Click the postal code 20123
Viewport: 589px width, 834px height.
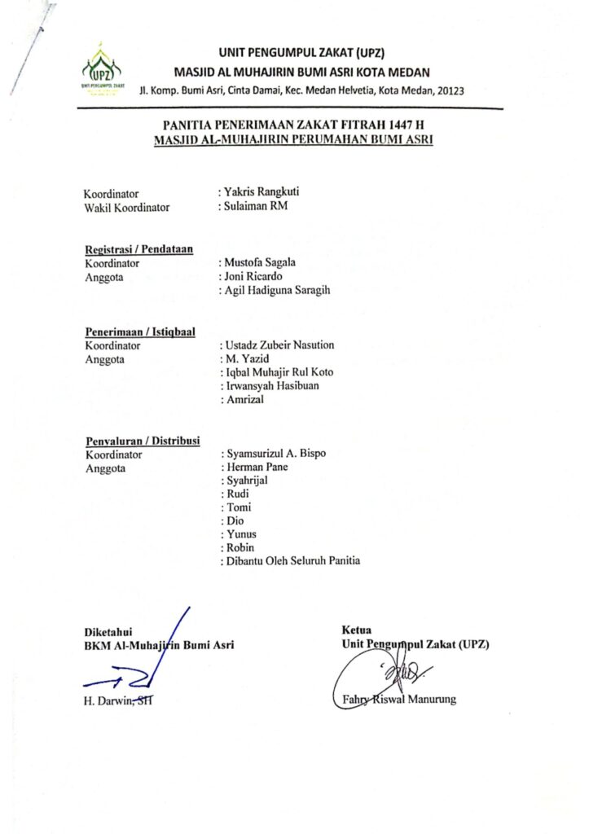448,90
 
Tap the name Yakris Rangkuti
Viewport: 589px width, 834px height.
262,192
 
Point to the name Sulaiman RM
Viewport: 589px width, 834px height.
256,206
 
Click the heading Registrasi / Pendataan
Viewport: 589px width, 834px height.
138,249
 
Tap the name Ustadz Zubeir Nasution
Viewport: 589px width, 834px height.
279,345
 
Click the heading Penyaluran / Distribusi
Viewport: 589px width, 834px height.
143,441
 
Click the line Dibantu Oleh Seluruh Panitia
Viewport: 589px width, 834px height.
293,560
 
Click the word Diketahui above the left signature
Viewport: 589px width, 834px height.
108,631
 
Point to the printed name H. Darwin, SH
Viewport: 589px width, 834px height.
117,699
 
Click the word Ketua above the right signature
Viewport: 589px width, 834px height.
357,630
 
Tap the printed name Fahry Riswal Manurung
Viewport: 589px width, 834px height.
394,699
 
